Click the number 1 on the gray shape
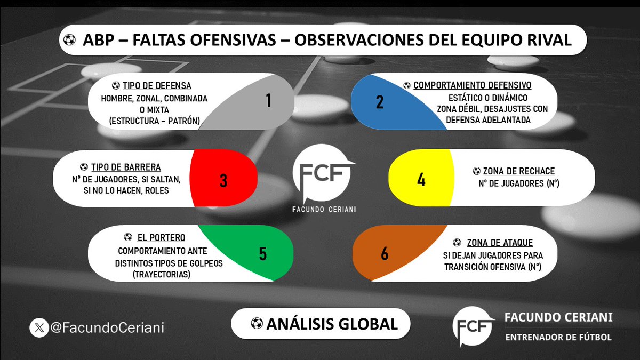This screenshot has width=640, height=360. [269, 100]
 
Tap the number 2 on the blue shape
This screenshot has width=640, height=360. [380, 101]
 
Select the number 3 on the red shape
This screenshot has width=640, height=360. [223, 180]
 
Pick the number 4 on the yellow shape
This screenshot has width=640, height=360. [421, 180]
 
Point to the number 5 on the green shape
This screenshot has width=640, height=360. [262, 254]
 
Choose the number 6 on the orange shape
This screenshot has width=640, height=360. [385, 254]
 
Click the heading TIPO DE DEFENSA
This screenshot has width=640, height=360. [157, 86]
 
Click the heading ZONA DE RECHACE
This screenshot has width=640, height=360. [519, 171]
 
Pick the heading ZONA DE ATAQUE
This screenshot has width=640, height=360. [500, 243]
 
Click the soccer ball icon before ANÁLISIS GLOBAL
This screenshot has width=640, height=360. [257, 323]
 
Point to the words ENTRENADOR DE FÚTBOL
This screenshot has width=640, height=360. [558, 337]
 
